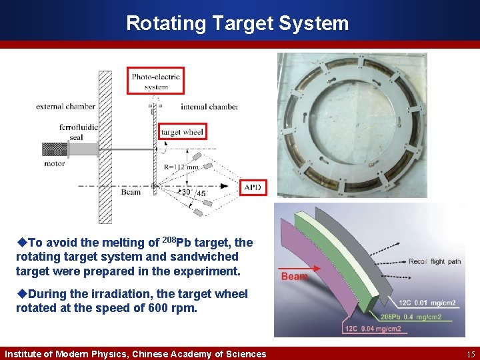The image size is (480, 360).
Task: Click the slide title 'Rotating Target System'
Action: (x=237, y=23)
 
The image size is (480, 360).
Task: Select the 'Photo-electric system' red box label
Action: (x=155, y=81)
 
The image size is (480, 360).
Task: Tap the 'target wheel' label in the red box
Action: (x=182, y=132)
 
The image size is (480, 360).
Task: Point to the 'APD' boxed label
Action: (x=253, y=188)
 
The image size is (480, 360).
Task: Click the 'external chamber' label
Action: (x=65, y=106)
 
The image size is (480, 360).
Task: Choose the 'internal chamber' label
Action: (x=209, y=107)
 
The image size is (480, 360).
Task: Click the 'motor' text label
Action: (x=54, y=163)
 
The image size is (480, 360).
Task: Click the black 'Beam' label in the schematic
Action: (x=131, y=192)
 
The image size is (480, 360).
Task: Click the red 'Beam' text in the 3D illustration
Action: (x=294, y=276)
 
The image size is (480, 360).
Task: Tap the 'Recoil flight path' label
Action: (x=434, y=261)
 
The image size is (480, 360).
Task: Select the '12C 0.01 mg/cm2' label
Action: (x=427, y=303)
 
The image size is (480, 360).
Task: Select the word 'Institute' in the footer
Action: (x=25, y=354)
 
